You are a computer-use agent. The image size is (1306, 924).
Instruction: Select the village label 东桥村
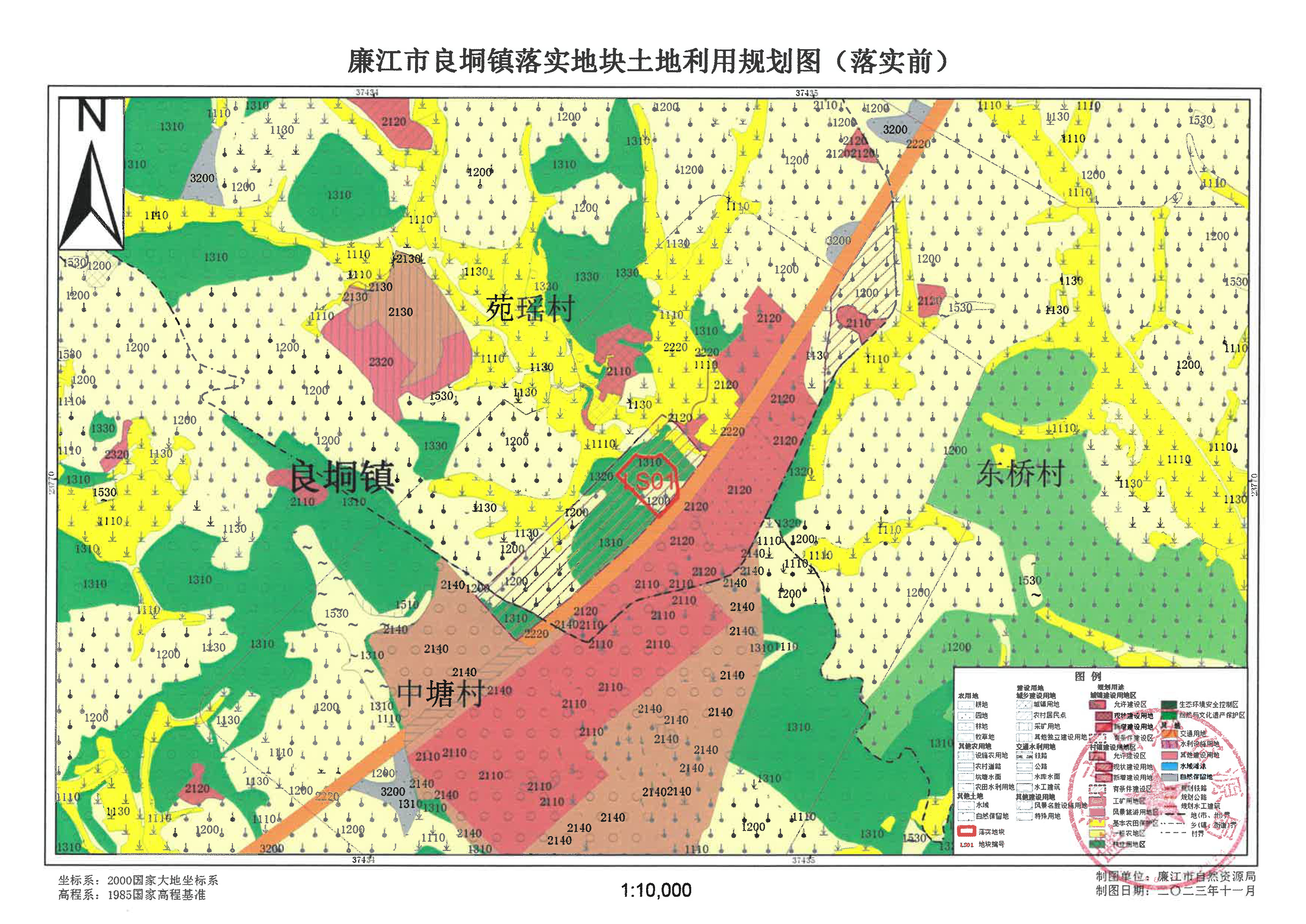[x=1020, y=474]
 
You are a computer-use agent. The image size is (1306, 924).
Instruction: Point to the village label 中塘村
[x=440, y=694]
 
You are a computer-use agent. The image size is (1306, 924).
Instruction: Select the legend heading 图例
[x=1088, y=677]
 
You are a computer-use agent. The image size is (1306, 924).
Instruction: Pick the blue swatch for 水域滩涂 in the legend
[x=1169, y=766]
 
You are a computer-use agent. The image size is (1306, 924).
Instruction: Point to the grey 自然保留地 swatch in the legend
[x=1169, y=776]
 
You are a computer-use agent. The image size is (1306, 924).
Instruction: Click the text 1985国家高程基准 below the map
[x=156, y=895]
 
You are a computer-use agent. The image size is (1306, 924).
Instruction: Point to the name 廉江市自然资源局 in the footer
[x=1207, y=877]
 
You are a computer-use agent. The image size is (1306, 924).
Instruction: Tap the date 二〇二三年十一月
[x=1207, y=891]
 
